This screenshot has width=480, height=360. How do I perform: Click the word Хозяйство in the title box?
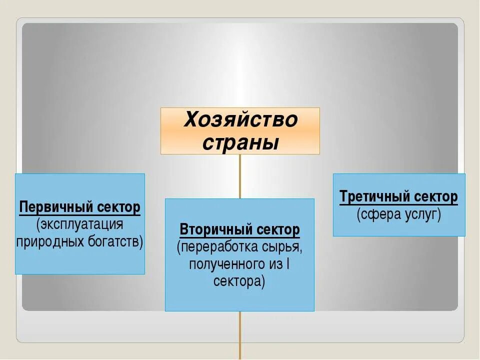click(240, 120)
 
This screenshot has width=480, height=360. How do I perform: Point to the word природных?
click(46, 241)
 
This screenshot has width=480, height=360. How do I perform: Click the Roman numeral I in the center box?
click(287, 264)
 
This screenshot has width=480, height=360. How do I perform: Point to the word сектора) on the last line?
click(239, 281)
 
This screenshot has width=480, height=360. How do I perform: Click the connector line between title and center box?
click(240, 176)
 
